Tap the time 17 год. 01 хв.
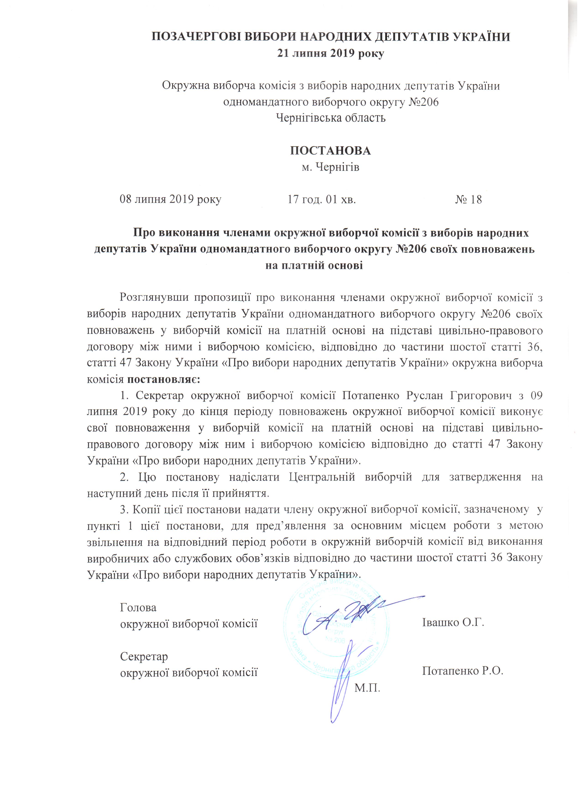pos(321,199)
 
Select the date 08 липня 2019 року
pos(170,199)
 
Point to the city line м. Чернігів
pos(330,167)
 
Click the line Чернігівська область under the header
pos(330,118)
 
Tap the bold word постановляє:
pos(163,380)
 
